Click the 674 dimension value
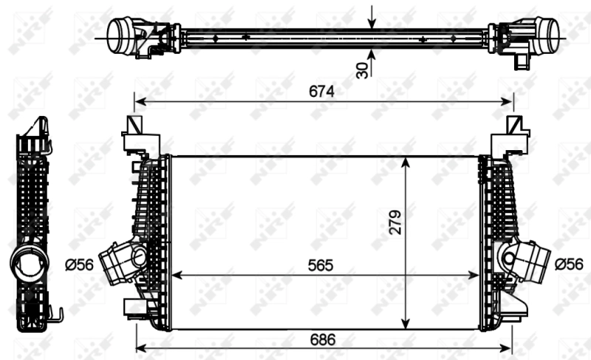[322, 91]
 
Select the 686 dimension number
[322, 340]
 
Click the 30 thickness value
[362, 69]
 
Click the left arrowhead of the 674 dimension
[138, 101]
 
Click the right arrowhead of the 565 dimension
[476, 274]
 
